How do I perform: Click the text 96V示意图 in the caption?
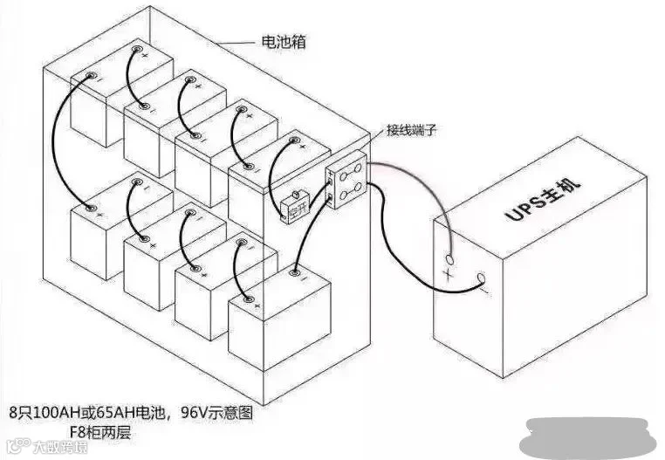tap(217, 410)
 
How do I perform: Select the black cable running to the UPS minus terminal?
tap(410, 262)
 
